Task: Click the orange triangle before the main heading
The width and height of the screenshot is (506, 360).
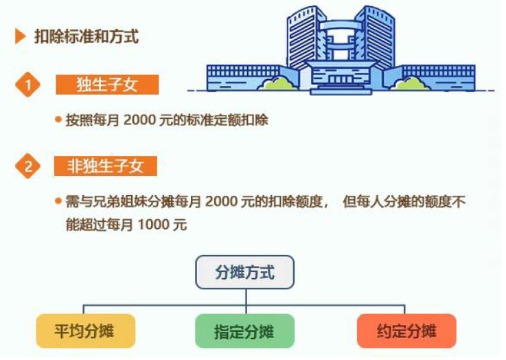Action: [x=20, y=36]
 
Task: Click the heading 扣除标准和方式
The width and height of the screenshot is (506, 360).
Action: [x=87, y=36]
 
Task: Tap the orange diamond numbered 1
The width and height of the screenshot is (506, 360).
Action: [x=27, y=85]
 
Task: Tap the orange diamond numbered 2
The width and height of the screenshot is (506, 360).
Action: [x=27, y=166]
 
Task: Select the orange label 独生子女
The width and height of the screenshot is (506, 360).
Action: [x=107, y=85]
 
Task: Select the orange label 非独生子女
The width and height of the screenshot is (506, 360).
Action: [x=106, y=166]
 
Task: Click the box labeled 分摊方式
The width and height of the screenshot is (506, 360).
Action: [x=245, y=272]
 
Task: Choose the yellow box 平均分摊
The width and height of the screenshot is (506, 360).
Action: [x=86, y=331]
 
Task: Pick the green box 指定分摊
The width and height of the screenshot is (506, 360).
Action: [x=245, y=331]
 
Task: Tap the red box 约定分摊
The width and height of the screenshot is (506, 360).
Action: [x=406, y=331]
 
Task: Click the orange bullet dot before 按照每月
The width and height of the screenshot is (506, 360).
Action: [x=58, y=120]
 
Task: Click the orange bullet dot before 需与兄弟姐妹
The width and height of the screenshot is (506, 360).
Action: [x=58, y=201]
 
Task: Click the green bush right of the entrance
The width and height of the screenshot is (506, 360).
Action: [x=410, y=83]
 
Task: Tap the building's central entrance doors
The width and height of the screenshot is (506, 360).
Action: [x=341, y=80]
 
